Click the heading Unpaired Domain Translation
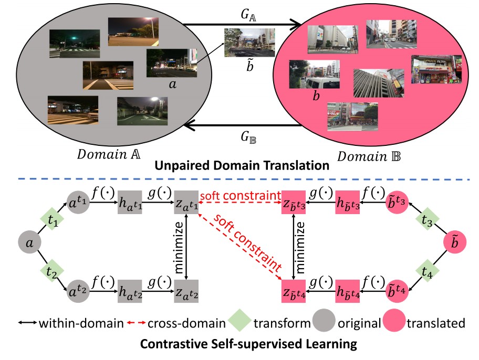click(240, 167)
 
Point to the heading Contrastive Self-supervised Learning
click(239, 345)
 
